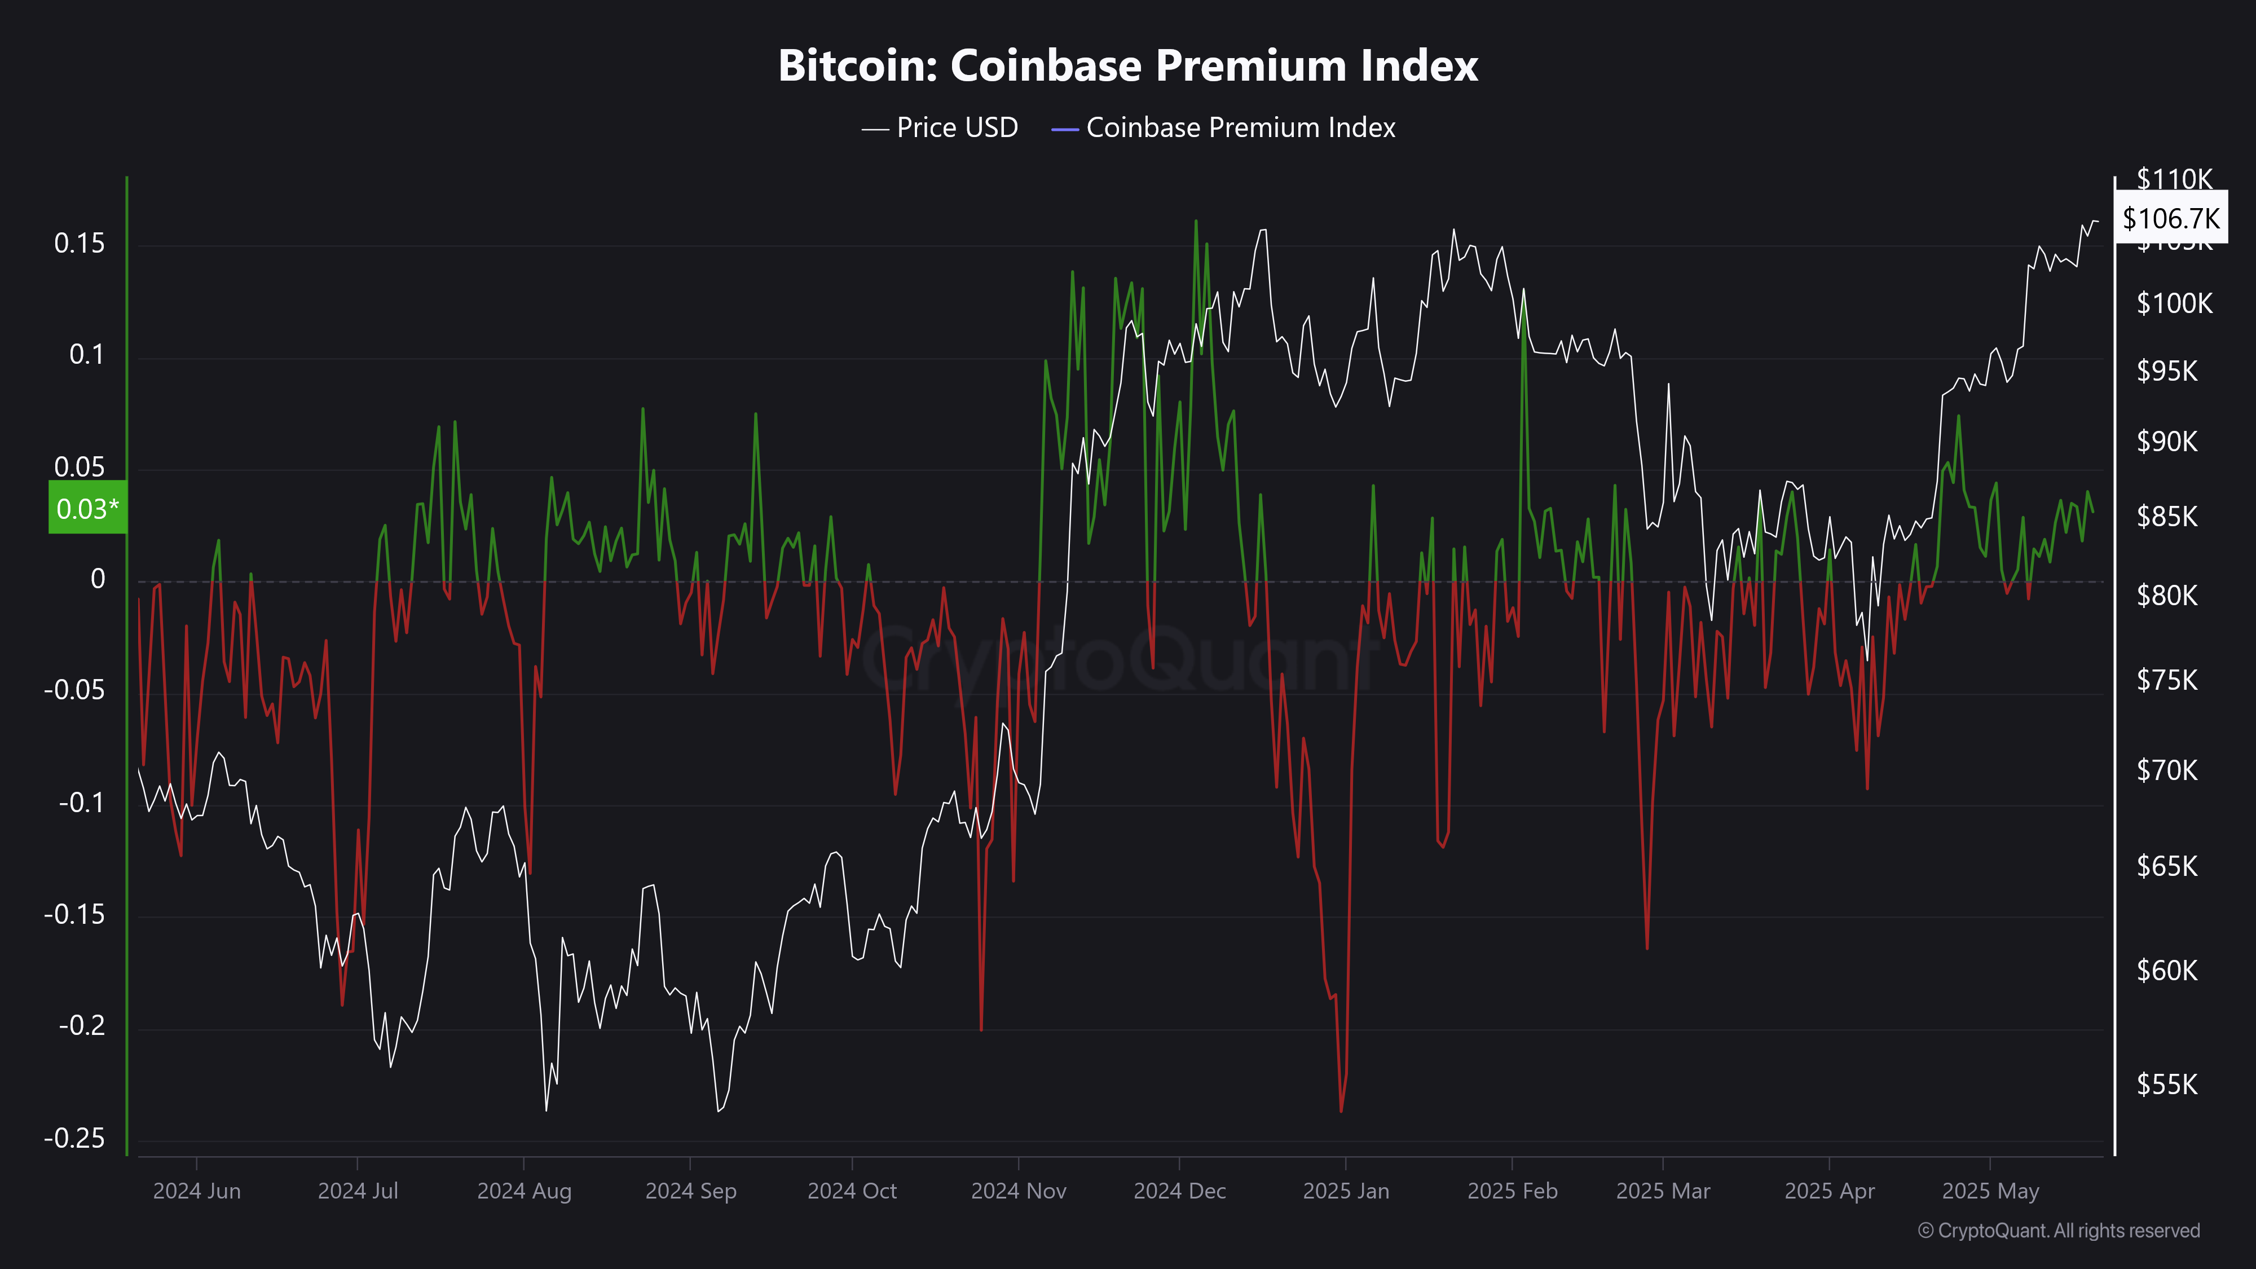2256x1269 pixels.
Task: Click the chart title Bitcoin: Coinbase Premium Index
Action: coord(1128,65)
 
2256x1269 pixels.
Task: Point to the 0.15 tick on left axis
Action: coord(79,244)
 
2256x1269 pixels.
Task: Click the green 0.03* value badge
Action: coord(87,508)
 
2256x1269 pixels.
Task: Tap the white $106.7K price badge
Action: coord(2170,218)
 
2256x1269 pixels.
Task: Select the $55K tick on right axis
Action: coord(2167,1084)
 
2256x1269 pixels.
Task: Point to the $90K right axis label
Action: coord(2167,440)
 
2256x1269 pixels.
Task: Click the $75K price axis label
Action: coord(2167,680)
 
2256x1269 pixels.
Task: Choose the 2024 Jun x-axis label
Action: coord(196,1191)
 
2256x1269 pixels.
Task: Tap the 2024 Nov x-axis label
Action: coord(1019,1191)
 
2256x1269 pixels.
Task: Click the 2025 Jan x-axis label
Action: coord(1346,1191)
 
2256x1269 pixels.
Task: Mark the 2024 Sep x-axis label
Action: coord(691,1191)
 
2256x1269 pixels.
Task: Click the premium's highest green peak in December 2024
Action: coord(1196,222)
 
